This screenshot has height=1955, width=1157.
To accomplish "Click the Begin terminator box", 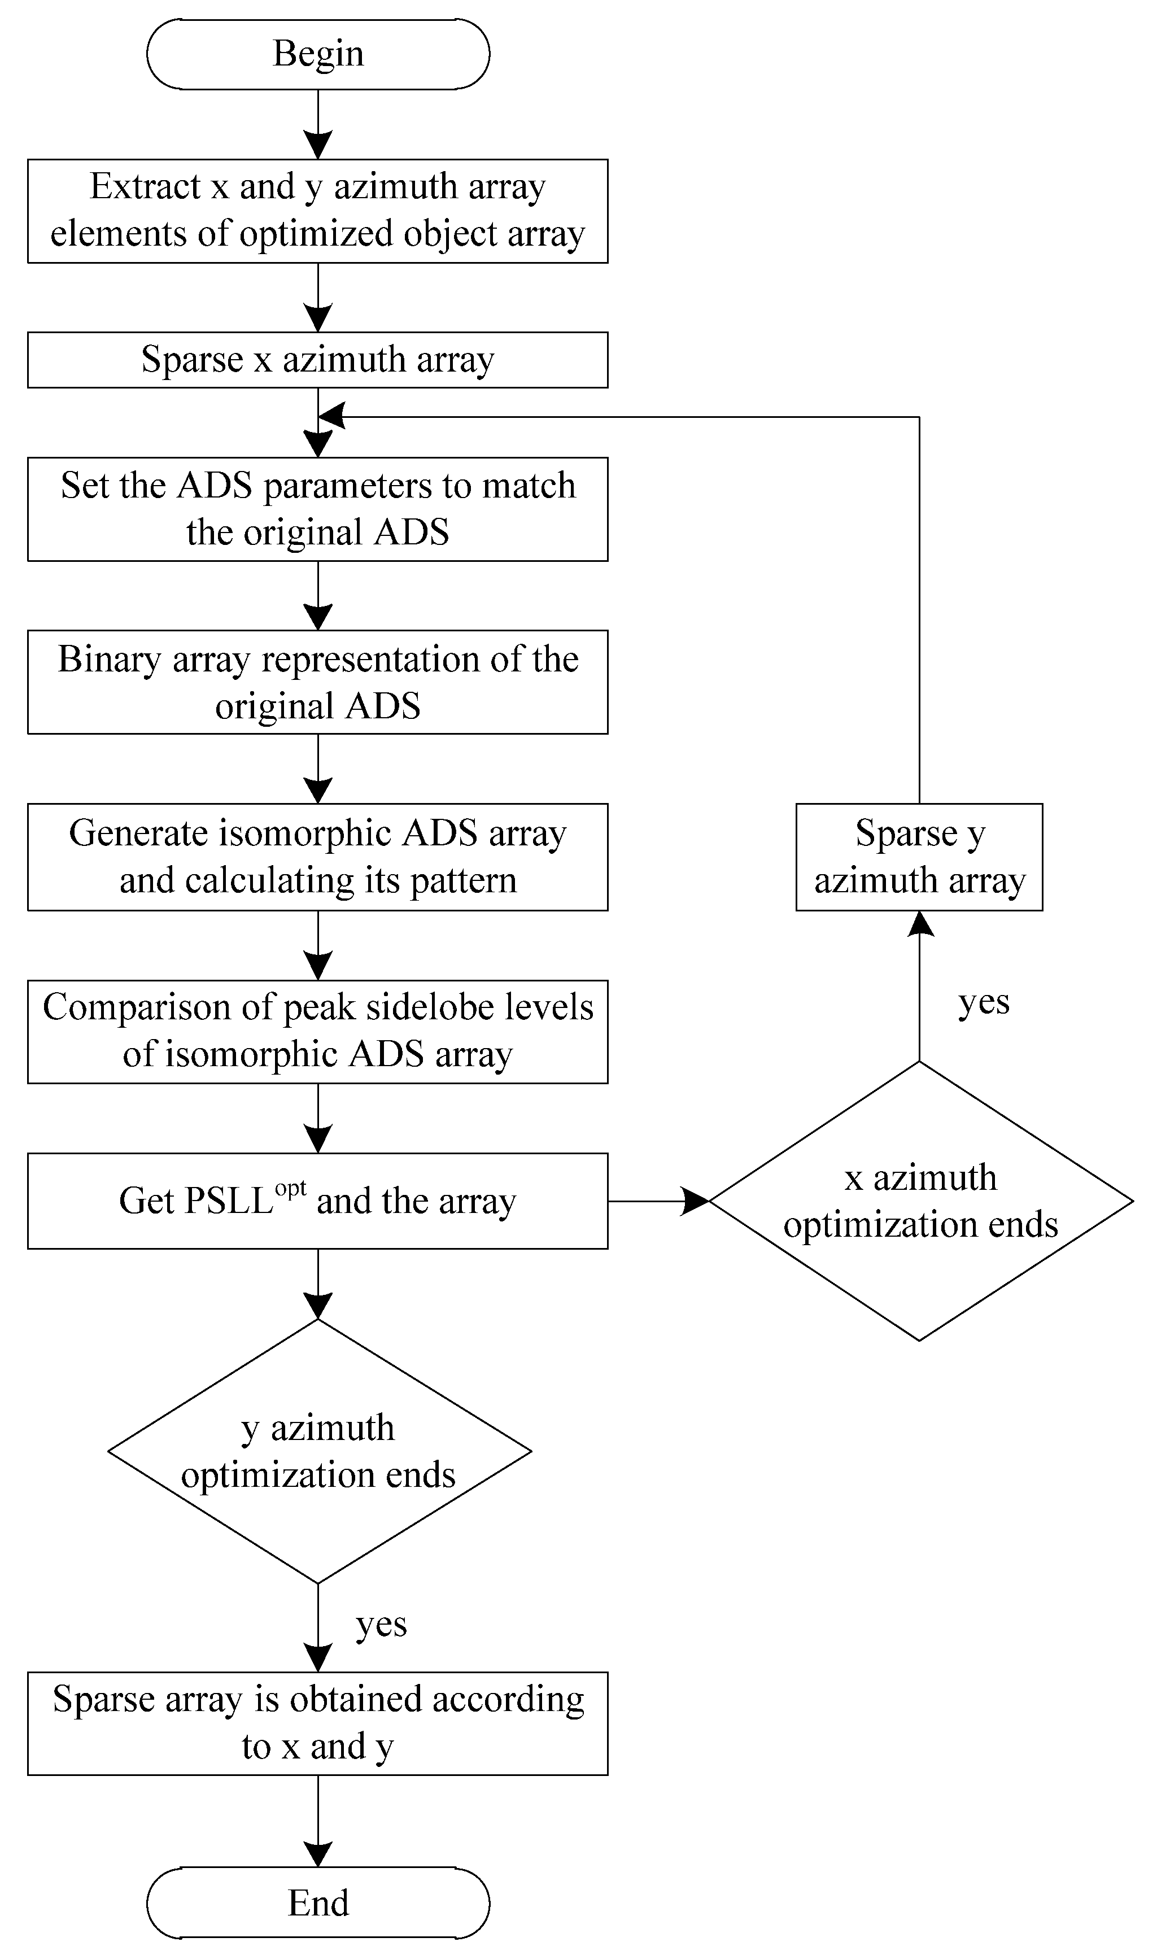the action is [x=318, y=54].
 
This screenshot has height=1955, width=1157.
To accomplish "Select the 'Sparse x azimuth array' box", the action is [x=318, y=360].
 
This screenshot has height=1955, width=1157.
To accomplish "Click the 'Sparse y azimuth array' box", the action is [x=919, y=857].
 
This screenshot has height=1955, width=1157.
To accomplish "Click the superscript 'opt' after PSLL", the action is [x=290, y=1189].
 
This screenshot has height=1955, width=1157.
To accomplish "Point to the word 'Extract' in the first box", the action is [x=145, y=187].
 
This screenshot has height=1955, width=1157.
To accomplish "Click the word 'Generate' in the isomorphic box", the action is [x=139, y=834].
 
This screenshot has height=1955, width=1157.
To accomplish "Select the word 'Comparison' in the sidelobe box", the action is [x=137, y=1007].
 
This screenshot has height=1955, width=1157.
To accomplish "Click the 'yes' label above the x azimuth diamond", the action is [x=983, y=1002].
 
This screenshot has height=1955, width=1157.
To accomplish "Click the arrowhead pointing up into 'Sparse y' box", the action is [x=920, y=924].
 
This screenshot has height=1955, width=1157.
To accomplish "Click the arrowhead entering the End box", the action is [x=318, y=1855].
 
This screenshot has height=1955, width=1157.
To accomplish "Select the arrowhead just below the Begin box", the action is [x=318, y=146].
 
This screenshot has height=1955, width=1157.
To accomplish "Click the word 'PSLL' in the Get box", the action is [x=229, y=1201].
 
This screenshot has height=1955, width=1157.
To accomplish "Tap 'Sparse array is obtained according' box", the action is [x=318, y=1723].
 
